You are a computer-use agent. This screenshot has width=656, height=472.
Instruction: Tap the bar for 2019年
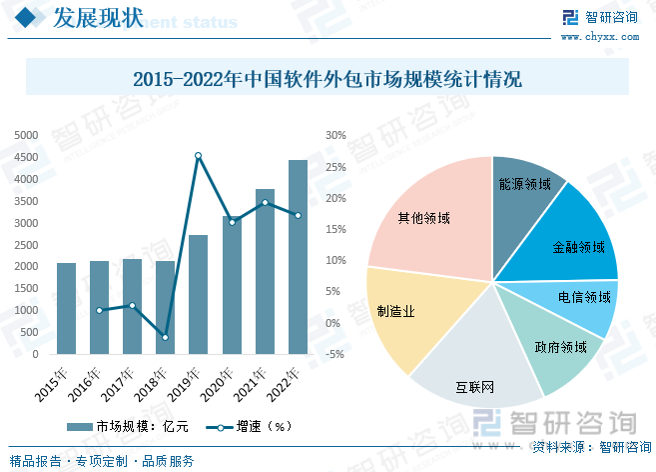tap(198, 294)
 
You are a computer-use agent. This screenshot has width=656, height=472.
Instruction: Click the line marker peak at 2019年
tap(198, 156)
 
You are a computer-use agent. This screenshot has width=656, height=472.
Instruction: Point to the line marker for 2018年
tap(165, 338)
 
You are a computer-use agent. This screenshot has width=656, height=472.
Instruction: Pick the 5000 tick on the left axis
tap(26, 135)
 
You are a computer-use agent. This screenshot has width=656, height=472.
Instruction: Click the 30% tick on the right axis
tap(335, 135)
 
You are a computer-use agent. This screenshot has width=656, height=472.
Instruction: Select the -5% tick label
tap(335, 354)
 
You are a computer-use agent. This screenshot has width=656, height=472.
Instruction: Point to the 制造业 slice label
tap(396, 311)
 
